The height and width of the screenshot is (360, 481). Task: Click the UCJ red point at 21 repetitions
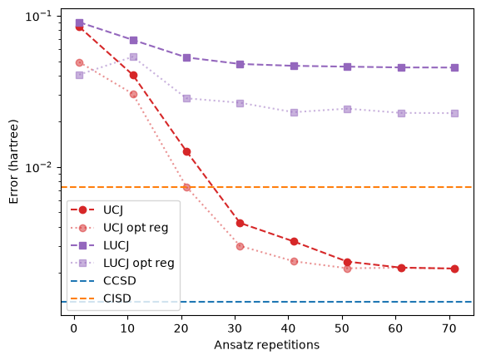tap(186, 151)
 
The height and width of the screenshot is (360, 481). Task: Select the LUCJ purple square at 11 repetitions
tap(133, 40)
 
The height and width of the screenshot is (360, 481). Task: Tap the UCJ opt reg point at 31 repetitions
tap(240, 246)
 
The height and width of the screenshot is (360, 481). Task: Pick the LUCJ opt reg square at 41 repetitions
tap(294, 112)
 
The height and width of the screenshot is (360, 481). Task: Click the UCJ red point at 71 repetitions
tap(454, 269)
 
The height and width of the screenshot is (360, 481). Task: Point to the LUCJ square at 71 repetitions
tap(454, 67)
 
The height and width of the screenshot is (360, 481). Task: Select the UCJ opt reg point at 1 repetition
tap(79, 62)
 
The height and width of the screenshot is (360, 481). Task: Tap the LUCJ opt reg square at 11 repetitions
tap(133, 57)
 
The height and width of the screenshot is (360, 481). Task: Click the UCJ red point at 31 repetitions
tap(240, 223)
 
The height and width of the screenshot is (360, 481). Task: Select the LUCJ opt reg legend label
tap(139, 263)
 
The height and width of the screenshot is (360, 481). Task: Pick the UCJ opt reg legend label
tap(136, 228)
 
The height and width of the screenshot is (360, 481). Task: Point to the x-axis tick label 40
tap(288, 328)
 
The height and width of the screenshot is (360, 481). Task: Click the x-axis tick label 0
tap(74, 328)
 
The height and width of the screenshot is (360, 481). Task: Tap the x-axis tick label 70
tap(449, 328)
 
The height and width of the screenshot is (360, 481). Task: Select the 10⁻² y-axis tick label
tap(38, 167)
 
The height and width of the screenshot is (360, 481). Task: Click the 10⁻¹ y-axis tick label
tap(38, 16)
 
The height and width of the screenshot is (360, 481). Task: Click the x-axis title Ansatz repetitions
tap(266, 345)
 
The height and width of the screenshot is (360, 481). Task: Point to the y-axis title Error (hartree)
tap(13, 162)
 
